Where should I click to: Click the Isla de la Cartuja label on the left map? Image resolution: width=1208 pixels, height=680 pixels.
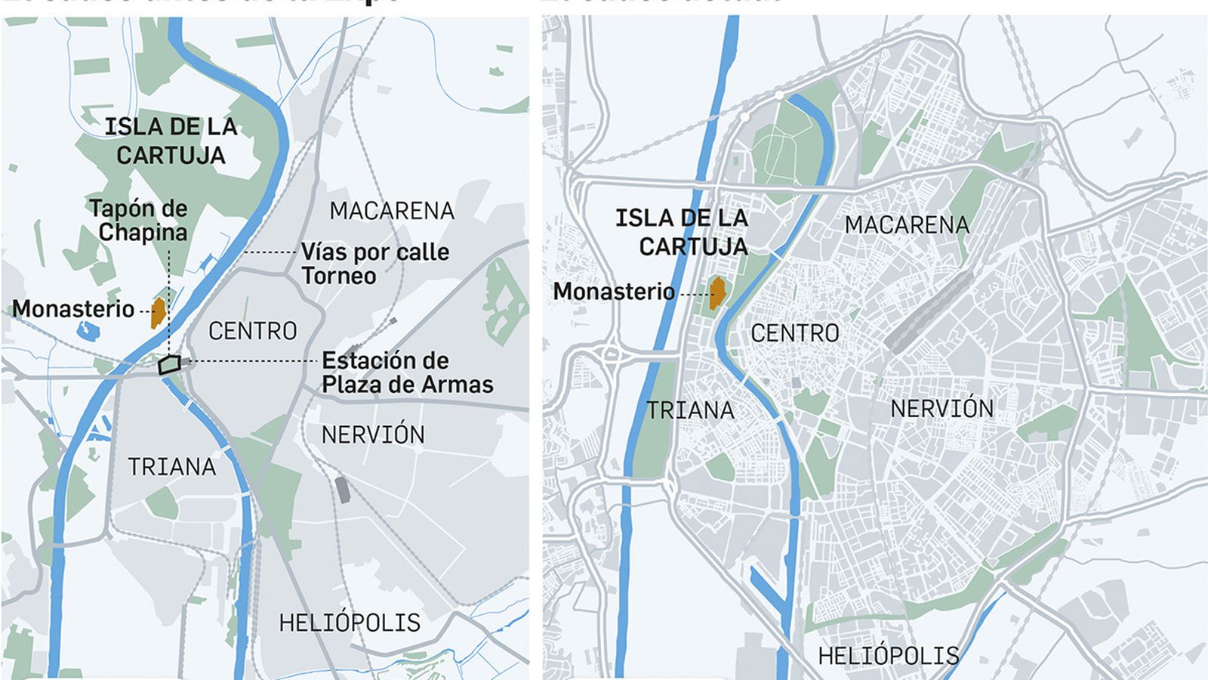coord(171,141)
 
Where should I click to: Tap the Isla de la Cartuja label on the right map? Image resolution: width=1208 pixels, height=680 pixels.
coord(683,232)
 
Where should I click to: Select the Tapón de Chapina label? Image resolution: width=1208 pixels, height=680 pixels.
coord(139,220)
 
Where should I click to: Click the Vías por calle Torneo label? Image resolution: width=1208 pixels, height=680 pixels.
coord(375,264)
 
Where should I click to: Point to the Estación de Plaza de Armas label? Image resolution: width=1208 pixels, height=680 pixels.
coord(407,372)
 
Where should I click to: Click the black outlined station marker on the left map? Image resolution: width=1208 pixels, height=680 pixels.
coord(169,365)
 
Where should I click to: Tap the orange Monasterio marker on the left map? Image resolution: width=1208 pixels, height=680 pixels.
coord(159,312)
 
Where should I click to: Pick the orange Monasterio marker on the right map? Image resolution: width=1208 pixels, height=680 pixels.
coord(717,293)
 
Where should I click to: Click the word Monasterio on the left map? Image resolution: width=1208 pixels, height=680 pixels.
coord(73,309)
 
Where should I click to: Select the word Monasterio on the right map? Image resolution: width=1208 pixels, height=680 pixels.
coord(614,291)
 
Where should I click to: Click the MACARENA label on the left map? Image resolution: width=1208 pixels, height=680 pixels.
coord(392,211)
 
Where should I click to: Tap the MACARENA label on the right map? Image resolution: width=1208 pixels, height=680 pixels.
coord(907,224)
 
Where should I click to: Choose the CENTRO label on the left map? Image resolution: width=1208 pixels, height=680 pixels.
coord(253,331)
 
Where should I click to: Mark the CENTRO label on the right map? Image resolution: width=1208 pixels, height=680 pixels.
coord(795,333)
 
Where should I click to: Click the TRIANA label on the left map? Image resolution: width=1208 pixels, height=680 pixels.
coord(172,467)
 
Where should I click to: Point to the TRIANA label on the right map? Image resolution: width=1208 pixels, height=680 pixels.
coord(691,410)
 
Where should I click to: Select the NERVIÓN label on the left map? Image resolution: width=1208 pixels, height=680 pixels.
coord(373,434)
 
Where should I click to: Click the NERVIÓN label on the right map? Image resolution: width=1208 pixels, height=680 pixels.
coord(942,409)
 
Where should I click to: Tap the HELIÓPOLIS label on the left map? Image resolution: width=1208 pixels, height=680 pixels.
coord(350,623)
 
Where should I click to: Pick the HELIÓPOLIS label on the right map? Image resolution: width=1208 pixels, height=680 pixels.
coord(889,655)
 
